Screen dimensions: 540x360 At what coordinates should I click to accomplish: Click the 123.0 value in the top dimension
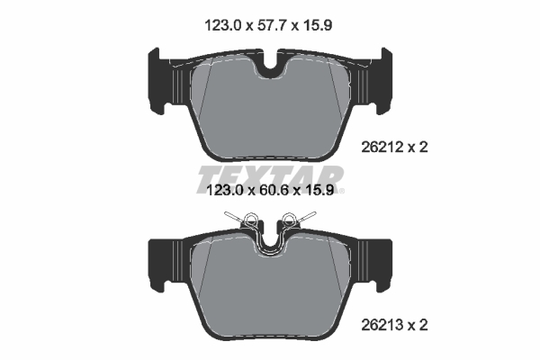[223, 25]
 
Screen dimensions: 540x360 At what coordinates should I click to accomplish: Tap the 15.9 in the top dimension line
[317, 25]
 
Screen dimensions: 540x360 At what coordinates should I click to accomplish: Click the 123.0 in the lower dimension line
[224, 190]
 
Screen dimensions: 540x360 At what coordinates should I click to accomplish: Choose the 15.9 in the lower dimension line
[319, 190]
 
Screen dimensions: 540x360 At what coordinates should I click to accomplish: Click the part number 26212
[382, 148]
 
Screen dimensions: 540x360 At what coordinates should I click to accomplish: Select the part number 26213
[382, 325]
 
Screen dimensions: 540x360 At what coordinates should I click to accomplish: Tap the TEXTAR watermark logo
[270, 179]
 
